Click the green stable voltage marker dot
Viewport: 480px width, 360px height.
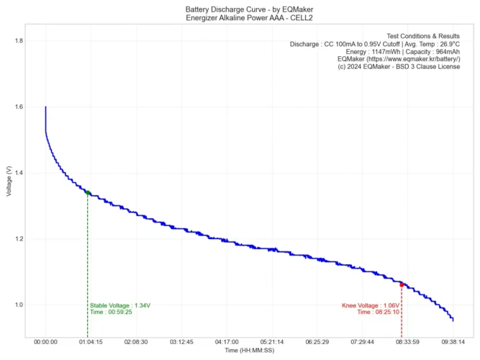(88, 192)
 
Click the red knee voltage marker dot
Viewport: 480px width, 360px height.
(402, 284)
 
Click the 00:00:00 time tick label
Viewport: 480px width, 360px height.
(45, 342)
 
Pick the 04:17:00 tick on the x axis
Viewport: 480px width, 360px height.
(226, 342)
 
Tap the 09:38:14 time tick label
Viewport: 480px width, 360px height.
(453, 342)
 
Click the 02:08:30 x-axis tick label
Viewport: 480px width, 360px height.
(136, 342)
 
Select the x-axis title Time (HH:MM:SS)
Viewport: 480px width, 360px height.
(249, 351)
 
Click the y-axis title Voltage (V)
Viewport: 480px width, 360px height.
(8, 182)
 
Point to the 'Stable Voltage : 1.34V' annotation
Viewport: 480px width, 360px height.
(120, 305)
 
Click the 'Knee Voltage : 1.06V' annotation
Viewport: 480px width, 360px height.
(370, 305)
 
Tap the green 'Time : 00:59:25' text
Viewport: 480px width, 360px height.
(111, 312)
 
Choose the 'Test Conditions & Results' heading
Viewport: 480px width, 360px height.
(423, 35)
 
